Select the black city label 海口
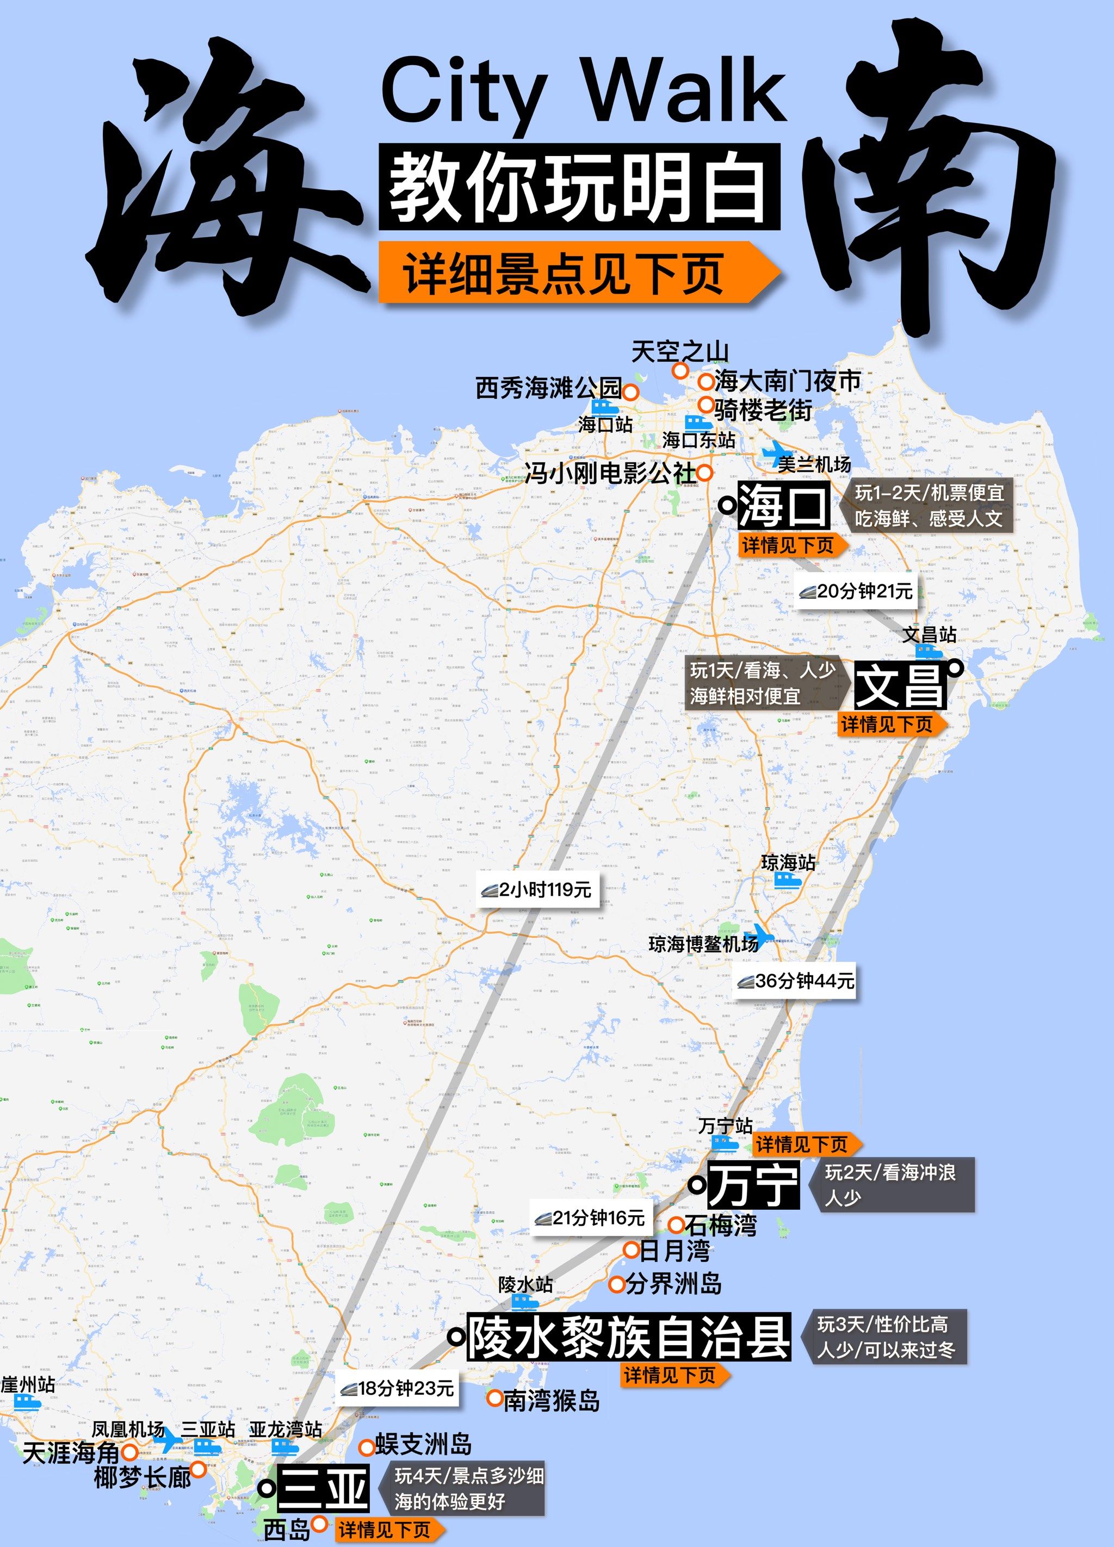tap(783, 505)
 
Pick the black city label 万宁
tap(752, 1185)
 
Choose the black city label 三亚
tap(323, 1488)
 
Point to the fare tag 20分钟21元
tap(857, 591)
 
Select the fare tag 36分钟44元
tap(795, 981)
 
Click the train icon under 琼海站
tap(787, 881)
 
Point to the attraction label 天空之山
tap(679, 352)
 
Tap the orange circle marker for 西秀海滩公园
tap(631, 392)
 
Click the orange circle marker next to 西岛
tap(319, 1523)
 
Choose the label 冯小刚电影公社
tap(610, 473)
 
